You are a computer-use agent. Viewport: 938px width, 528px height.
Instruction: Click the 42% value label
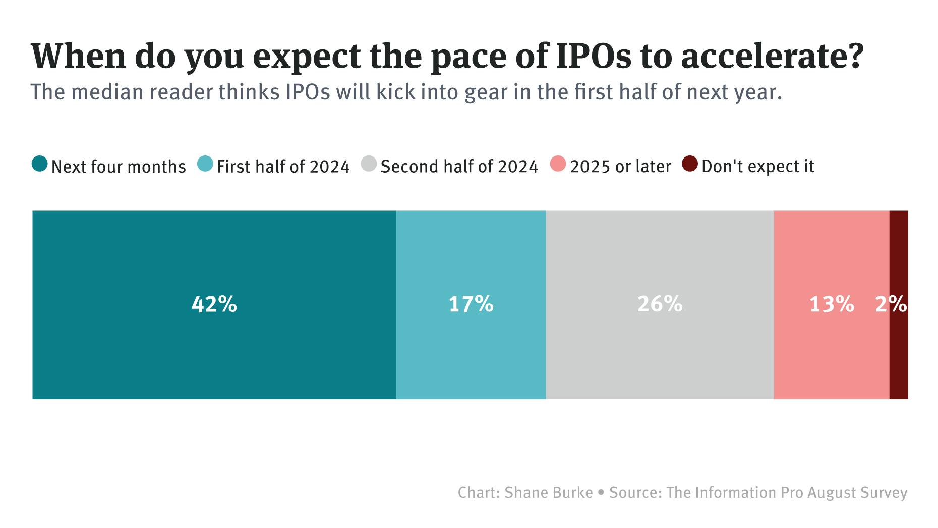click(x=214, y=304)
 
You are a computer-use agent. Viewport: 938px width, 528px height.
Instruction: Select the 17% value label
click(x=471, y=304)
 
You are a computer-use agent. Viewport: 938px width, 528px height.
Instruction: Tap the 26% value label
click(x=660, y=304)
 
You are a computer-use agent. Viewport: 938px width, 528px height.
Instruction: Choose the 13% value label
click(x=832, y=304)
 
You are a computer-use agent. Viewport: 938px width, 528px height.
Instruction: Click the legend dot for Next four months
click(x=40, y=165)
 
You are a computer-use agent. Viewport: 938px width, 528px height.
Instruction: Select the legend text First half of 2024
click(x=283, y=167)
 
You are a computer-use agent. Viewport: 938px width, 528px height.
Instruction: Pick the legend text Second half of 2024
click(x=459, y=167)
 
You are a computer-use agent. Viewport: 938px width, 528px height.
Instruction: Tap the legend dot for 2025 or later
click(x=558, y=165)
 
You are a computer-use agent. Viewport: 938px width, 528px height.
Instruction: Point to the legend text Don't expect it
click(x=757, y=167)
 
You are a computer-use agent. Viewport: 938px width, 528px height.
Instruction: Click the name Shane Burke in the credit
click(x=549, y=493)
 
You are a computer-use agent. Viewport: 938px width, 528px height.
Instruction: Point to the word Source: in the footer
click(x=635, y=493)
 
